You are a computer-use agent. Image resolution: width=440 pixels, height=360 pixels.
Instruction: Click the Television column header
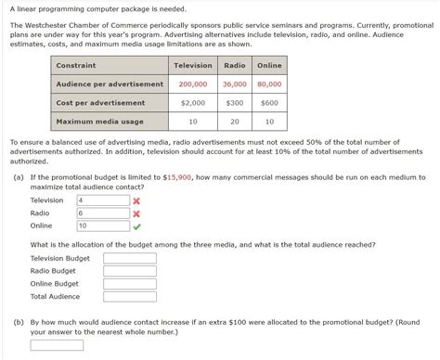(x=193, y=65)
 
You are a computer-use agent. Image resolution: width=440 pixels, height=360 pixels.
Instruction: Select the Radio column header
(x=235, y=65)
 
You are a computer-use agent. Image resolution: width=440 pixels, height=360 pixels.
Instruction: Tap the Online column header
(x=269, y=65)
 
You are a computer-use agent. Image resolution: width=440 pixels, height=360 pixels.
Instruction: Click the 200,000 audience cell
(x=193, y=84)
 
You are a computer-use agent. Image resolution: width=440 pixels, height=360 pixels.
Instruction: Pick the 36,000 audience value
(x=235, y=84)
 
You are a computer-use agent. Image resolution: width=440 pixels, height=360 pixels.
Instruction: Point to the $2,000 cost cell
(x=193, y=103)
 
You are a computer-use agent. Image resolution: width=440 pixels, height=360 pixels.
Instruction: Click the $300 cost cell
(x=235, y=103)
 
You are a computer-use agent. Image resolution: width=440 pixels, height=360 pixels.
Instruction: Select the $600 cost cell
(x=269, y=103)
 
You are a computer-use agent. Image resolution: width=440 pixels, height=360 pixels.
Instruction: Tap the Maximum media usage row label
(x=99, y=122)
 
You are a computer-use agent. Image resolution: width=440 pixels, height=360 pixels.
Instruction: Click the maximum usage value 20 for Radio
(x=235, y=122)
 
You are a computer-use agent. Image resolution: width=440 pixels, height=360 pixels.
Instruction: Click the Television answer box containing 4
(x=103, y=200)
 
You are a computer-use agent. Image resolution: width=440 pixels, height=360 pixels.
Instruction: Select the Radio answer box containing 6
(x=103, y=212)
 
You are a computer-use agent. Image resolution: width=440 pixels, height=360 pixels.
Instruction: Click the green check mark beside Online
(x=137, y=225)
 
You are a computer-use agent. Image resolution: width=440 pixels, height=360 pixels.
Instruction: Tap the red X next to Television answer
(x=137, y=200)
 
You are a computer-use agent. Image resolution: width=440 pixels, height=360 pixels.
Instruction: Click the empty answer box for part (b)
(x=57, y=345)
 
